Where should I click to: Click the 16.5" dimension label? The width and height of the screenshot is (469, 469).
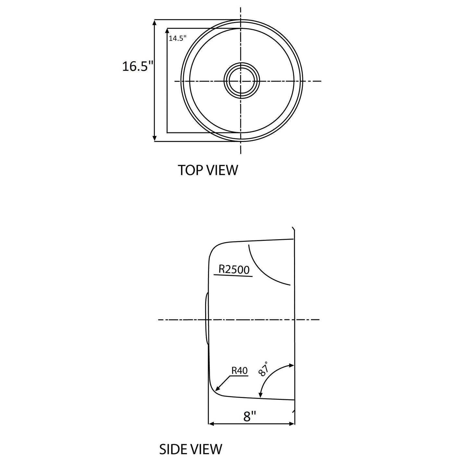click(x=138, y=66)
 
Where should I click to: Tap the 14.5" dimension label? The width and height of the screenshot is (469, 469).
click(x=178, y=38)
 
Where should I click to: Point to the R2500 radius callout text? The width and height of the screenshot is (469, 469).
click(x=234, y=269)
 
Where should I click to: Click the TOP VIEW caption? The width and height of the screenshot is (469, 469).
click(x=208, y=170)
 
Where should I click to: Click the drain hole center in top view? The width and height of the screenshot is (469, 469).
click(x=241, y=81)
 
